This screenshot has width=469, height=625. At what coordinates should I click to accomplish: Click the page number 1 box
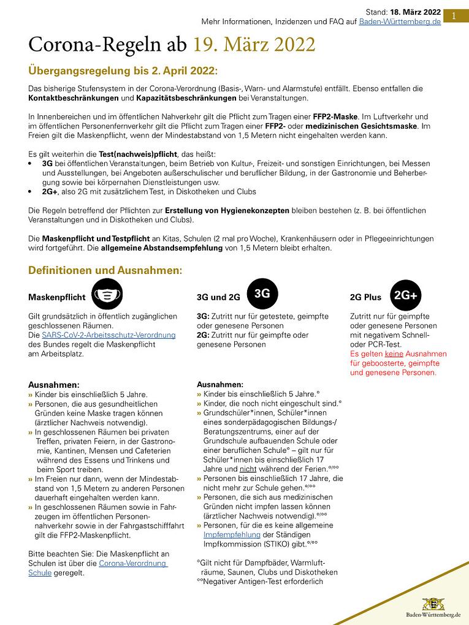point(454,16)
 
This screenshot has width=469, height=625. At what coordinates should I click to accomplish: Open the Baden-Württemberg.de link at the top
point(400,21)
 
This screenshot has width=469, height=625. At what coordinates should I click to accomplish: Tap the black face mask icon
point(107,295)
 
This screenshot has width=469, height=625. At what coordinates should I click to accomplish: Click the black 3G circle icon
point(262,294)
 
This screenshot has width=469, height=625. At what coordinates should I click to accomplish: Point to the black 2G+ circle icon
point(405,295)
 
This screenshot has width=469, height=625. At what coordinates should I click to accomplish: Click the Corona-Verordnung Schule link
point(98,567)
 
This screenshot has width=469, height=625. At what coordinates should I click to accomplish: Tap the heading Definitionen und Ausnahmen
point(104,270)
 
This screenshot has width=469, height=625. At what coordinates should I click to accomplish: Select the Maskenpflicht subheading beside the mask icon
point(57,297)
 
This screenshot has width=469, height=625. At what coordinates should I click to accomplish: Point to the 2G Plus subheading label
point(365,297)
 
